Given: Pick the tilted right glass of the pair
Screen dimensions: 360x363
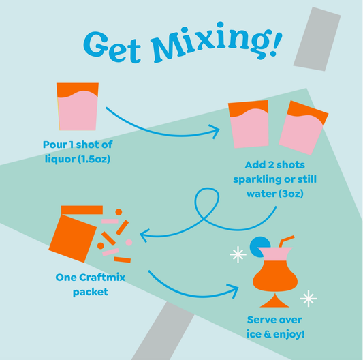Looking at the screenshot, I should (x=302, y=127).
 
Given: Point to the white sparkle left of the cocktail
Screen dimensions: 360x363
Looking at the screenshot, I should (x=238, y=255).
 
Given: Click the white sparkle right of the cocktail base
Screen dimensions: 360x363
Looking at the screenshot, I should (x=309, y=297).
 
